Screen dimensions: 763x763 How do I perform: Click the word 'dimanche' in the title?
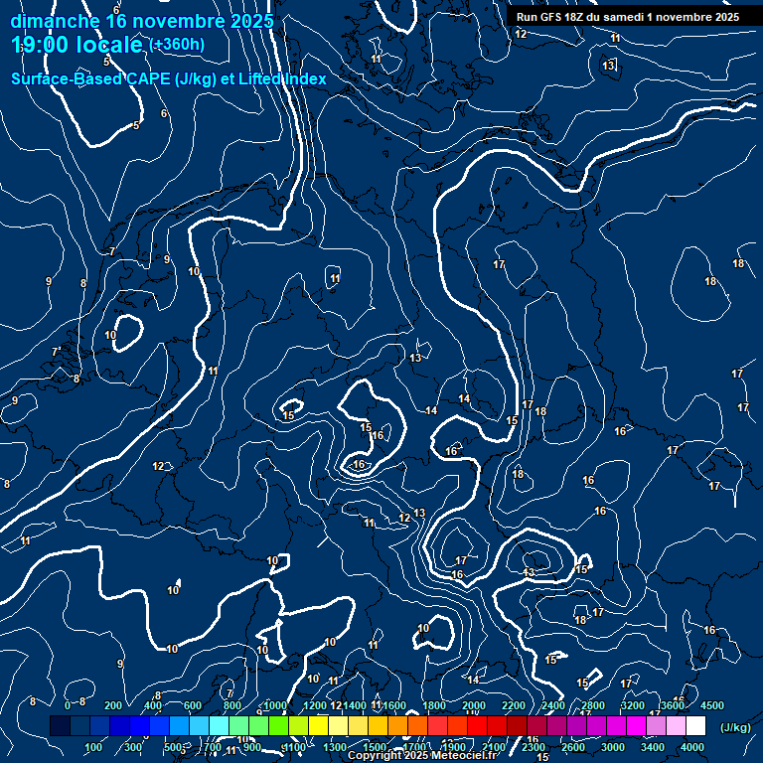click(x=56, y=21)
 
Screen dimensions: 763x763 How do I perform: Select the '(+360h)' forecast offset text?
click(x=177, y=44)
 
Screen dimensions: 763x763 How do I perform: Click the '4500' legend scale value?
click(x=711, y=705)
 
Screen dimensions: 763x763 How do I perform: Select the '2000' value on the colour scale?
click(x=473, y=705)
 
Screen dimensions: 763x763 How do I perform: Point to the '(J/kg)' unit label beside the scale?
click(x=734, y=727)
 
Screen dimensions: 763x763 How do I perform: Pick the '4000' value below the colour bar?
click(x=692, y=747)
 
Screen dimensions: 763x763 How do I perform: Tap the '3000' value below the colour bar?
click(x=613, y=747)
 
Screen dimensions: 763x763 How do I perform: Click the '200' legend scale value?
click(x=112, y=705)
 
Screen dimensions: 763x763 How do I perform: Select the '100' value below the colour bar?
click(x=93, y=747)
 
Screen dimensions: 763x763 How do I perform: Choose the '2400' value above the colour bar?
click(x=552, y=705)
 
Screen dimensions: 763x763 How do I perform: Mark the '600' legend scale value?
click(x=192, y=705)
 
